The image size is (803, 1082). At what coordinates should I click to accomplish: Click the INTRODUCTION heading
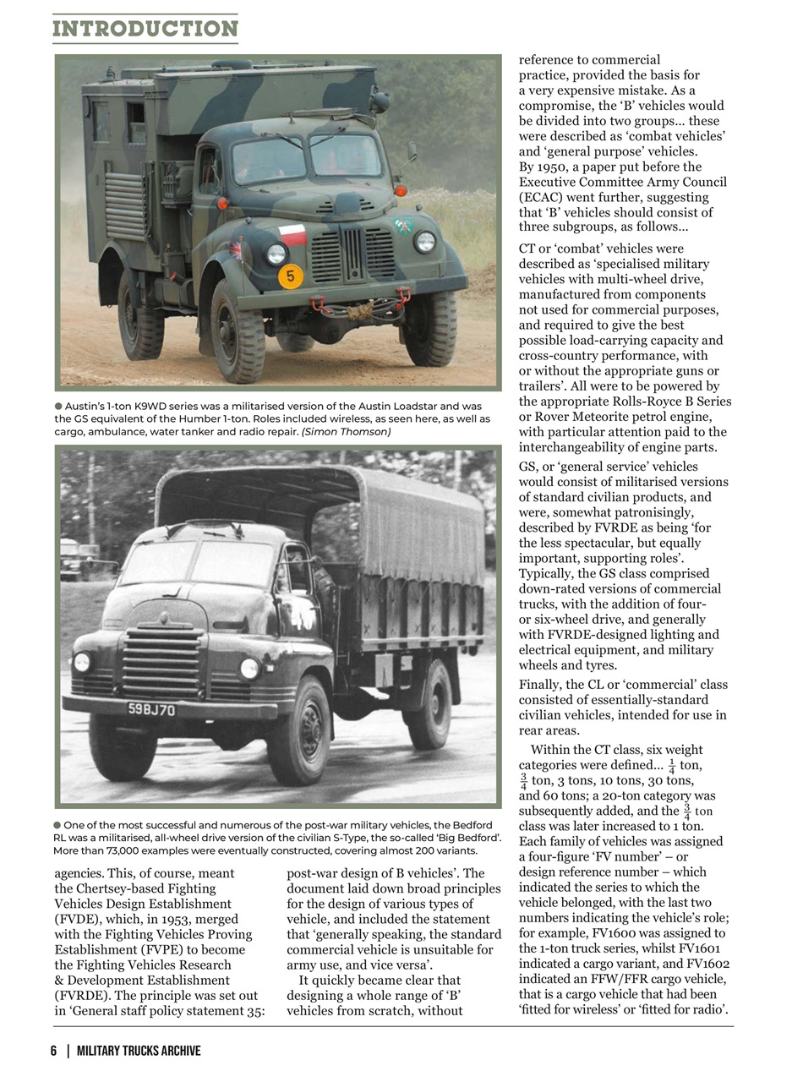click(145, 29)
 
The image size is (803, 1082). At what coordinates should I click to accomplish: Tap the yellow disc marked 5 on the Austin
click(290, 276)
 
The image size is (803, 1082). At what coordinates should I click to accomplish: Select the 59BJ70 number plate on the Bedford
click(152, 709)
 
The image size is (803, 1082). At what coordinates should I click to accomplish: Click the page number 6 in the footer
click(53, 1051)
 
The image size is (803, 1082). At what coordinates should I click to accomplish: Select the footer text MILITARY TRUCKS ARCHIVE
click(139, 1051)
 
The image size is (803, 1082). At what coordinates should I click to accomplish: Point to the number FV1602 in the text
click(707, 964)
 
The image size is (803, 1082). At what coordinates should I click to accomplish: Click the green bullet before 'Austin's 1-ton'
click(58, 407)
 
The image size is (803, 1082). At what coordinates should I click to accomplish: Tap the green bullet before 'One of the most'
click(57, 825)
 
